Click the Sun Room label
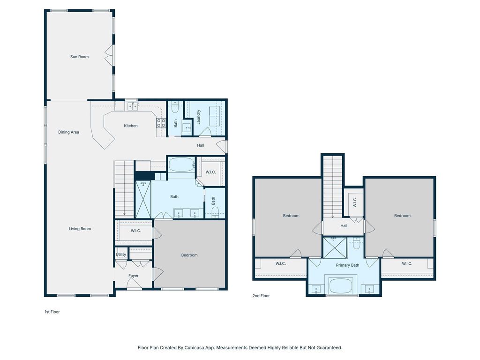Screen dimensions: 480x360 point(79,57)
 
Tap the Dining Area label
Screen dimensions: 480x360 point(68,132)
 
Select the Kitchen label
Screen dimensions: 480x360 point(131,126)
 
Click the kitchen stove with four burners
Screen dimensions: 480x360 point(161,123)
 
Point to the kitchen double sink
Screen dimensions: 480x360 point(133,106)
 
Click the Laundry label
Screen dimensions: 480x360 point(198,117)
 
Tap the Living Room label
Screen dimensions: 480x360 point(80,229)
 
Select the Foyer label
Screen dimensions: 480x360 point(134,276)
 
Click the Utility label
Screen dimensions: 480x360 point(121,255)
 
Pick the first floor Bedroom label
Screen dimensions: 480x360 point(189,255)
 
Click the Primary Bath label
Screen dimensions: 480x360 point(347,265)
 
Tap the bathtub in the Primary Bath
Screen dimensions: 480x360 point(341,286)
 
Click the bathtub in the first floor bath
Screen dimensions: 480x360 point(182,165)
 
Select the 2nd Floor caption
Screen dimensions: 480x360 point(261,296)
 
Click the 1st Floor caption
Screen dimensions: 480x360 point(52,312)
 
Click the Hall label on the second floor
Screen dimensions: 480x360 point(344,226)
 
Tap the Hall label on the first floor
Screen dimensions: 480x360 point(201,145)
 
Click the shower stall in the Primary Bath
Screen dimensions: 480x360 point(335,247)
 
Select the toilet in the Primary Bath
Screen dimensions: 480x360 point(357,243)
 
